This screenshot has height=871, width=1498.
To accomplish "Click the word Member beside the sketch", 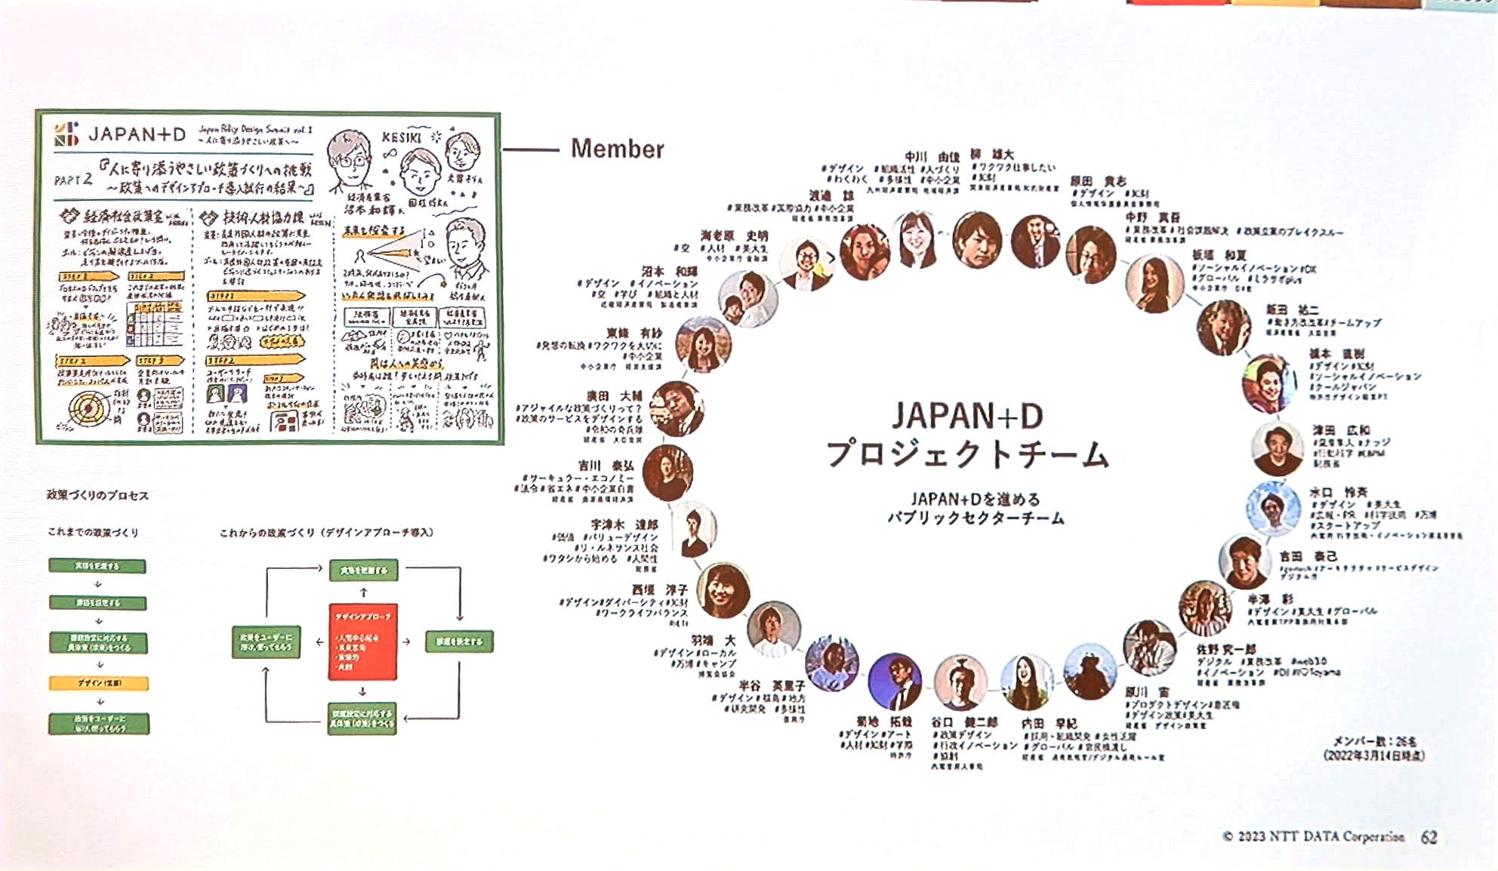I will pos(617,149).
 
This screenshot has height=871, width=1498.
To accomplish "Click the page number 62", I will pos(1429,837).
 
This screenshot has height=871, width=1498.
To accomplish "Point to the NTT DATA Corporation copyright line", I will pos(1313,836).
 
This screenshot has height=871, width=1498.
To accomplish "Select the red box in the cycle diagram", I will pos(362,642).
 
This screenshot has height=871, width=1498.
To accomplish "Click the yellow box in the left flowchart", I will pos(98,683).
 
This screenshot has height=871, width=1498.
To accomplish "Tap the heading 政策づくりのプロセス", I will pos(97,495).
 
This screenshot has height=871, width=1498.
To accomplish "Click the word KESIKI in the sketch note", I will pos(401,137).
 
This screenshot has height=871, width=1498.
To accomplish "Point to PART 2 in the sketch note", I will pos(72,180).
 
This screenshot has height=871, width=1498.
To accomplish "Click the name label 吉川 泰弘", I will pos(606,466).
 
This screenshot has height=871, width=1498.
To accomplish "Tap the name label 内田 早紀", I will pos(1049,723).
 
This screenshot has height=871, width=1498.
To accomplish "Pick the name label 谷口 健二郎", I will pos(964,722).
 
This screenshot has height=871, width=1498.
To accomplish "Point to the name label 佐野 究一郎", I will pos(1226,649).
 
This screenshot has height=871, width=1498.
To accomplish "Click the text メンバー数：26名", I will pos(1374,741).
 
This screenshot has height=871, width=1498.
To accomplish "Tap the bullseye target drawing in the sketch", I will pos(88,408).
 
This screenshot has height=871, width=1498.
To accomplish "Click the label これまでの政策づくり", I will pos(93,532).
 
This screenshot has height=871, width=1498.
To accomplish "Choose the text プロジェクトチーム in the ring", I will pos(967,454).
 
